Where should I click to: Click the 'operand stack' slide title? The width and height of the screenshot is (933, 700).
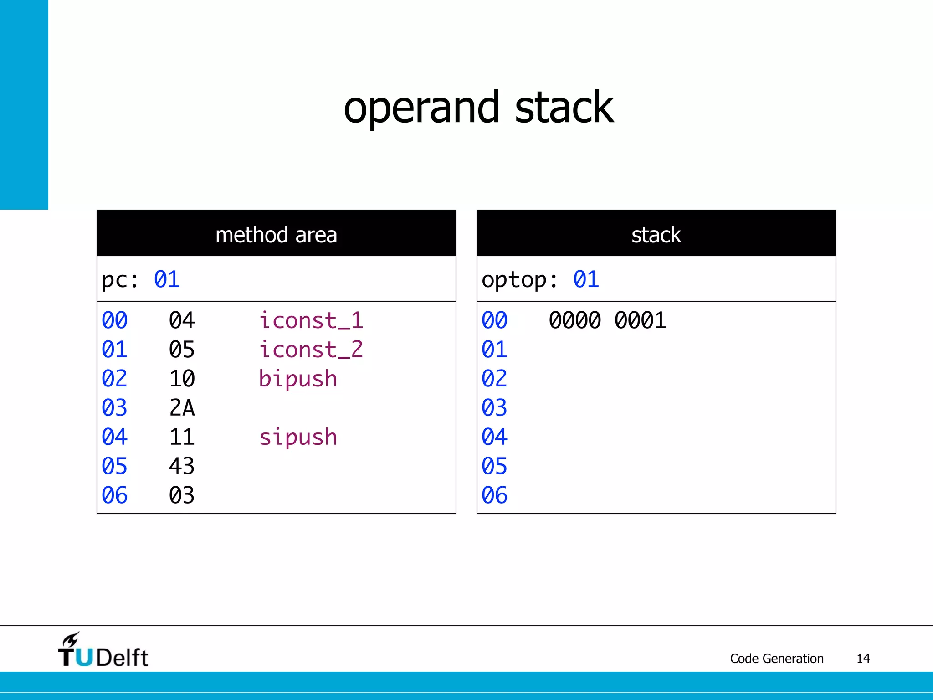pos(478,108)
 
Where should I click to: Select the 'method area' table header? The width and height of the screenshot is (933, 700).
pos(276,235)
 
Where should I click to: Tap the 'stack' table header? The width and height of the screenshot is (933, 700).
pos(656,235)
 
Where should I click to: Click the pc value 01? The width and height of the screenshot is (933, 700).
pos(167,279)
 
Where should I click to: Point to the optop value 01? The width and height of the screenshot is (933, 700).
pos(586,279)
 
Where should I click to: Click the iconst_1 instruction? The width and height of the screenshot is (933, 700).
pos(311,320)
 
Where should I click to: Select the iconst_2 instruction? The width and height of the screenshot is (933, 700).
pos(311,350)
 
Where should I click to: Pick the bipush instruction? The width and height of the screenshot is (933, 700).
pos(298,379)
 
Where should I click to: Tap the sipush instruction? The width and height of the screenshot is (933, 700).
pos(298,437)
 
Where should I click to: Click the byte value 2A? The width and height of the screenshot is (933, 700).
pos(182,408)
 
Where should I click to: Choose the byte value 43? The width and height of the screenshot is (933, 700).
pos(182,466)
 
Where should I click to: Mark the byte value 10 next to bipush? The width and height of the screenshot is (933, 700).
pos(182,379)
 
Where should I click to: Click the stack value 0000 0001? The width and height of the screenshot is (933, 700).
pos(607,320)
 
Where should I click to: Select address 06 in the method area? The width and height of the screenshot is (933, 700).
pos(114,495)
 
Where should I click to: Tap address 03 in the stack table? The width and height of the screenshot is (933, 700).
pos(494,408)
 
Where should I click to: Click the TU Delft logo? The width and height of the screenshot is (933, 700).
pos(103,651)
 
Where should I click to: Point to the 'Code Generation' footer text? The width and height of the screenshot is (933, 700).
pos(777,659)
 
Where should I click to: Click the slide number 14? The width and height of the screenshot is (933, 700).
pos(863,659)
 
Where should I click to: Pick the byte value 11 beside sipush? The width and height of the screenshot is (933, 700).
pos(182,437)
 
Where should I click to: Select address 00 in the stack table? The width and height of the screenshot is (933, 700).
pos(494,320)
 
